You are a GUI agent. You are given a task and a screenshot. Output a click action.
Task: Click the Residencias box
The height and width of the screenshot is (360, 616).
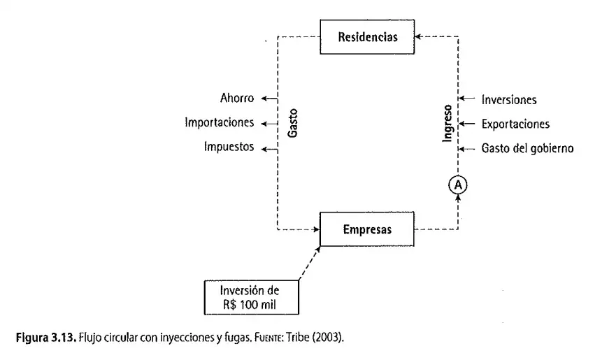tap(367, 37)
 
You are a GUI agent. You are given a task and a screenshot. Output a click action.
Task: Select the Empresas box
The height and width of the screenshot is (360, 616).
tap(367, 229)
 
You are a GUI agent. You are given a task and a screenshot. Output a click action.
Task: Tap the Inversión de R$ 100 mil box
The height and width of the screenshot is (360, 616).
tap(252, 297)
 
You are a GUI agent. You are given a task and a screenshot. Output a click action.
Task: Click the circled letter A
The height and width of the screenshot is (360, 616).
tap(458, 185)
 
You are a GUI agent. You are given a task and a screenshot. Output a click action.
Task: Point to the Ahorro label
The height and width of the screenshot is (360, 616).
tap(237, 98)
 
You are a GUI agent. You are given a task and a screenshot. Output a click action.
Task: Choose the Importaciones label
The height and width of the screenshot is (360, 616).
tap(220, 122)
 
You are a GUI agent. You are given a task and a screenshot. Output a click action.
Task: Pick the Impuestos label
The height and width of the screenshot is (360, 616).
tap(229, 147)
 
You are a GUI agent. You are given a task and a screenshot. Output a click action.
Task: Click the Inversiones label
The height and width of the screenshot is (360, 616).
tap(509, 100)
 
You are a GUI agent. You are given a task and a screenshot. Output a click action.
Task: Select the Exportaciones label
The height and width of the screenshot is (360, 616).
tap(515, 124)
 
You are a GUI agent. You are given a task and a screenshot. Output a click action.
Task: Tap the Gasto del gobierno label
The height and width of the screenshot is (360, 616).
tap(527, 148)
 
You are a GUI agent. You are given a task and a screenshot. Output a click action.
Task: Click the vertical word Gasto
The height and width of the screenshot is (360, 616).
tap(293, 123)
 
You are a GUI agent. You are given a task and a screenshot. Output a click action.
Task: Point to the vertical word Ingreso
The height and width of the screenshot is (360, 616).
tap(447, 123)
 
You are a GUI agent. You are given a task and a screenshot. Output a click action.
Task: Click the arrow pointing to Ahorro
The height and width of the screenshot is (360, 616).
tap(269, 99)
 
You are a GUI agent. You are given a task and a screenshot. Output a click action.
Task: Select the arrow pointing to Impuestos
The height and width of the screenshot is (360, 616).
tap(269, 149)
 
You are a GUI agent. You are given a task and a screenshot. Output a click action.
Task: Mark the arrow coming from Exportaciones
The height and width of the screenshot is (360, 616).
tap(466, 124)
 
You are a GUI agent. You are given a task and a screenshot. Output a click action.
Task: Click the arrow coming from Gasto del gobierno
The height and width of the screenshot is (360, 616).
tap(466, 149)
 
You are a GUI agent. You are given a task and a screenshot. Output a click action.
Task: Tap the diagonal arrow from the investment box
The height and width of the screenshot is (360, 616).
tap(310, 263)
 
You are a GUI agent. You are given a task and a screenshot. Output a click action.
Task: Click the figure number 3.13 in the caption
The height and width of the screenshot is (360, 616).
tap(64, 337)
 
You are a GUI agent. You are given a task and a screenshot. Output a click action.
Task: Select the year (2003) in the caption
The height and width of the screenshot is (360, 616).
tap(328, 337)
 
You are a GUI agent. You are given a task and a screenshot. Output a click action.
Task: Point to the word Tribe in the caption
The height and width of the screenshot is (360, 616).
tap(297, 337)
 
